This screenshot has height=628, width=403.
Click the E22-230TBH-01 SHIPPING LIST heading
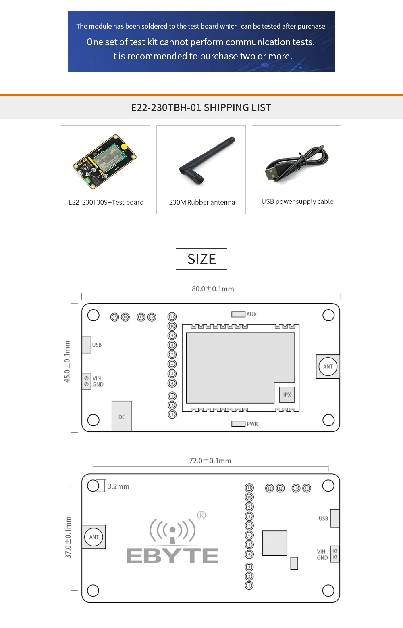pyautogui.click(x=201, y=107)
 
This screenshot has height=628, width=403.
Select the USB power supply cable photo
pyautogui.click(x=297, y=163)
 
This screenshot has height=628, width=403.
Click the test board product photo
pyautogui.click(x=105, y=161)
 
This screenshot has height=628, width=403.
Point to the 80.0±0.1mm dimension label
pyautogui.click(x=213, y=289)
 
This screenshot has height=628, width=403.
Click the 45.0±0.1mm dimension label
pyautogui.click(x=67, y=362)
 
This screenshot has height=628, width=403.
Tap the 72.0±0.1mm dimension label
pyautogui.click(x=210, y=461)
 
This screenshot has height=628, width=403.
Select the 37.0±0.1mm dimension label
pyautogui.click(x=68, y=538)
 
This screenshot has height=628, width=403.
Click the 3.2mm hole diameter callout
pyautogui.click(x=118, y=487)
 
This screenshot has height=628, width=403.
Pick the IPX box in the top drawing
pyautogui.click(x=287, y=395)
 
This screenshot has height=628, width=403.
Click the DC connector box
pyautogui.click(x=122, y=417)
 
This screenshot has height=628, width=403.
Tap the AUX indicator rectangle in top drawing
pyautogui.click(x=238, y=314)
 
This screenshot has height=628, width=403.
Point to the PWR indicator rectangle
pyautogui.click(x=238, y=424)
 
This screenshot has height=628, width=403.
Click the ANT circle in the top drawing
pyautogui.click(x=328, y=366)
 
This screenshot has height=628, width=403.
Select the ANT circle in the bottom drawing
pyautogui.click(x=94, y=537)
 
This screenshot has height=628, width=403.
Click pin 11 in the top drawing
pyautogui.click(x=172, y=317)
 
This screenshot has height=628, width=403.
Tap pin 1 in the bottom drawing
pyautogui.click(x=249, y=585)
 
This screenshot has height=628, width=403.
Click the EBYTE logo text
pyautogui.click(x=172, y=555)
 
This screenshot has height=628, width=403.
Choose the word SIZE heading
pyautogui.click(x=201, y=259)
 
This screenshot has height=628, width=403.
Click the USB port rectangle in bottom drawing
pyautogui.click(x=334, y=518)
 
